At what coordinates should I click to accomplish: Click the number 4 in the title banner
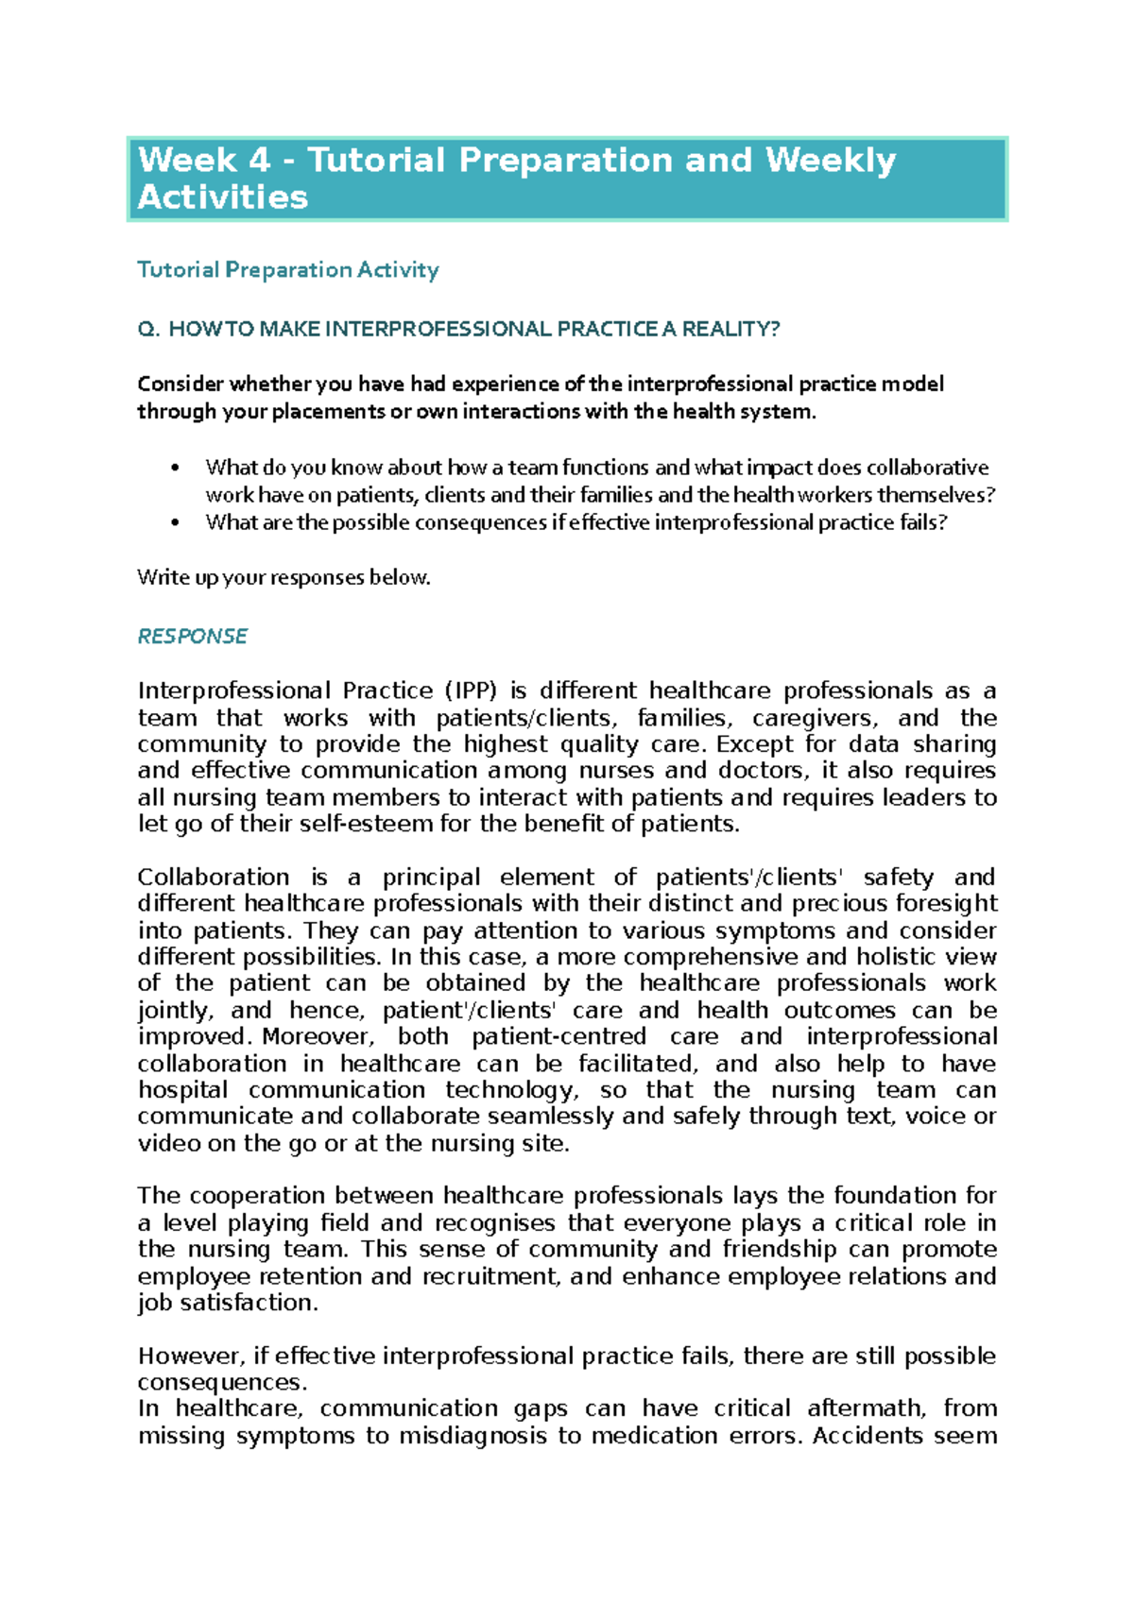tap(259, 161)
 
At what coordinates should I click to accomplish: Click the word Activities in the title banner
tap(223, 197)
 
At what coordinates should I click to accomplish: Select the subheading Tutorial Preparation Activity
tap(288, 270)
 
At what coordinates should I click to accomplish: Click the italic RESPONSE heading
tap(193, 636)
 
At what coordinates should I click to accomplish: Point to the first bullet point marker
tap(175, 468)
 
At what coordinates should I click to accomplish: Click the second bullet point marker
tap(175, 522)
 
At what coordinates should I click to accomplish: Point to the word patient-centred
tap(558, 1036)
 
